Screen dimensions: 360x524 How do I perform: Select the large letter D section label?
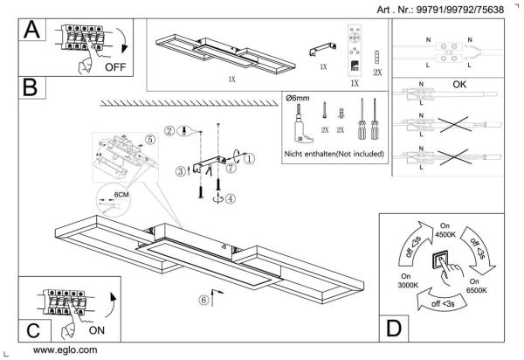pyautogui.click(x=394, y=329)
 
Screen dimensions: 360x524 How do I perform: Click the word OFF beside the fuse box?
pyautogui.click(x=115, y=66)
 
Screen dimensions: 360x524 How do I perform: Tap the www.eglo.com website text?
pyautogui.click(x=65, y=350)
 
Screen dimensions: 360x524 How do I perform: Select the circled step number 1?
pyautogui.click(x=249, y=159)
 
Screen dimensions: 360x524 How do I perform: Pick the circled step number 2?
pyautogui.click(x=170, y=130)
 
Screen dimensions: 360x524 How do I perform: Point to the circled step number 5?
pyautogui.click(x=149, y=137)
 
